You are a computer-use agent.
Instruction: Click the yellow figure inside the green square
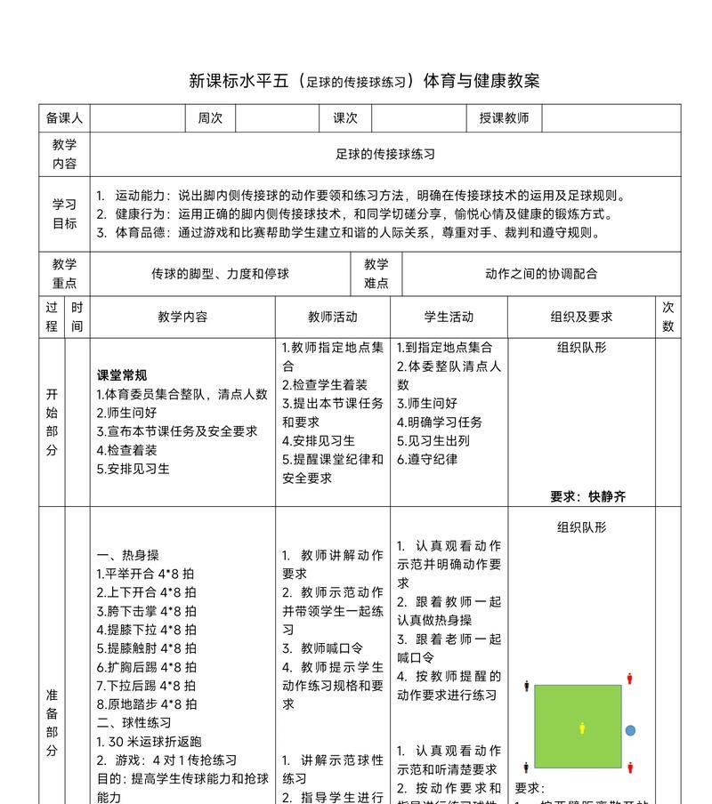[582, 728]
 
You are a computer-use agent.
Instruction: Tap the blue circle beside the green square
[630, 730]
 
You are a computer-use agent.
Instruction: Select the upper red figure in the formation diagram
[630, 679]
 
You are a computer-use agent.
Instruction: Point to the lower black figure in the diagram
[527, 767]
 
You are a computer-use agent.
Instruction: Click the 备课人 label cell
[64, 118]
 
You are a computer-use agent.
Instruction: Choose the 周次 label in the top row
[210, 118]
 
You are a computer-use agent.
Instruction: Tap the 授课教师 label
[504, 118]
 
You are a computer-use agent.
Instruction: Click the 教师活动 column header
[333, 317]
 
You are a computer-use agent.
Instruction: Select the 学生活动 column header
[449, 317]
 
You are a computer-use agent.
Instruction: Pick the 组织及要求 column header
[581, 317]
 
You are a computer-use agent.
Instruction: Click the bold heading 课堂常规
[122, 374]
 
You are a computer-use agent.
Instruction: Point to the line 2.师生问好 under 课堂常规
[126, 412]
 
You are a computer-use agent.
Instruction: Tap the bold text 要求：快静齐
[587, 496]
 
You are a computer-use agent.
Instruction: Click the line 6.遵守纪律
[427, 459]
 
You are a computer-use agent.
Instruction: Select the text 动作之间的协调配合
[541, 274]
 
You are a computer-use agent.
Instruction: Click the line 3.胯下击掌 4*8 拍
[146, 611]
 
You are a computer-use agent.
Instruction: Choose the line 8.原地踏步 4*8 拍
[146, 703]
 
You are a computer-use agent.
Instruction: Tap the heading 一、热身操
[128, 555]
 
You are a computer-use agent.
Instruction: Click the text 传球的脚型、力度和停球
[220, 274]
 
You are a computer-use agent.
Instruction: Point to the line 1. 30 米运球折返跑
[149, 741]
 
